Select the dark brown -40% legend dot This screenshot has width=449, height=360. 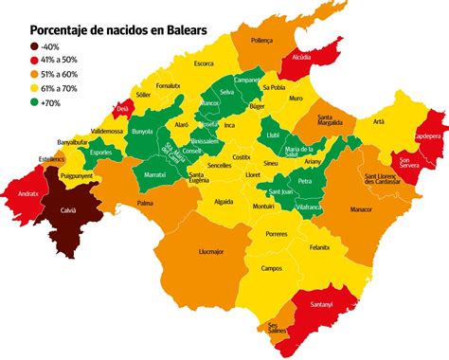tap(36, 46)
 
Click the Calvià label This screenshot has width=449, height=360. tap(68, 211)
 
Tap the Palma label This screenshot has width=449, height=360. tap(145, 203)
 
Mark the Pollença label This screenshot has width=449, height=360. tap(262, 41)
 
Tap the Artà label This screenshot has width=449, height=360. tap(379, 121)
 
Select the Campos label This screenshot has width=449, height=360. tap(273, 269)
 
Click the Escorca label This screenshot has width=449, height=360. tap(203, 63)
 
